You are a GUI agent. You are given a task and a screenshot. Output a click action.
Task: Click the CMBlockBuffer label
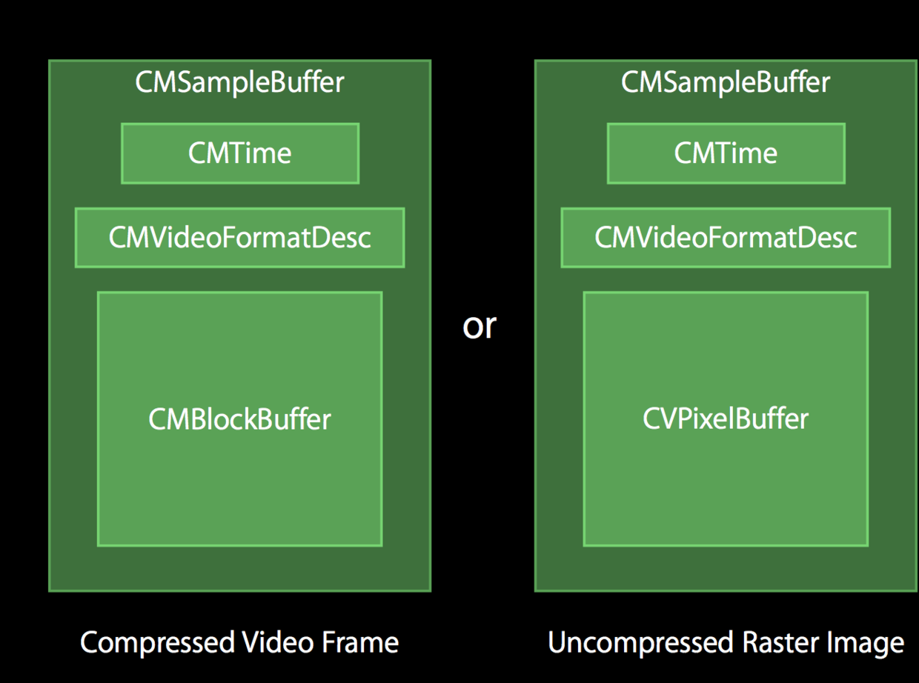pyautogui.click(x=239, y=419)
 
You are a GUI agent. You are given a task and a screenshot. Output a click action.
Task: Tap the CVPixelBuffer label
pyautogui.click(x=726, y=419)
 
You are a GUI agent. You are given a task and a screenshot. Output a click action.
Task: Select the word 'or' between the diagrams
pyautogui.click(x=479, y=326)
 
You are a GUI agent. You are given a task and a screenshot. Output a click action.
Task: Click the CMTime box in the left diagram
pyautogui.click(x=239, y=153)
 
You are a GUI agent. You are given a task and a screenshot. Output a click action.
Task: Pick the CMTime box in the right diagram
pyautogui.click(x=726, y=153)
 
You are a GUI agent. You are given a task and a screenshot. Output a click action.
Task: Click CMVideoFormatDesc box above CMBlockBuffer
pyautogui.click(x=239, y=238)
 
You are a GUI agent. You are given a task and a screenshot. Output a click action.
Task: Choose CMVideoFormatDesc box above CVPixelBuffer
pyautogui.click(x=726, y=238)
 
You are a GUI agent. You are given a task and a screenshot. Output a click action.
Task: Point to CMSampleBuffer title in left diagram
pyautogui.click(x=239, y=82)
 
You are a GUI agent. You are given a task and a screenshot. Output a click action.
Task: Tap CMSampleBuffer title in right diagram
pyautogui.click(x=726, y=82)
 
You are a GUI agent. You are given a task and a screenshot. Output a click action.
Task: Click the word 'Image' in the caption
pyautogui.click(x=867, y=643)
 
